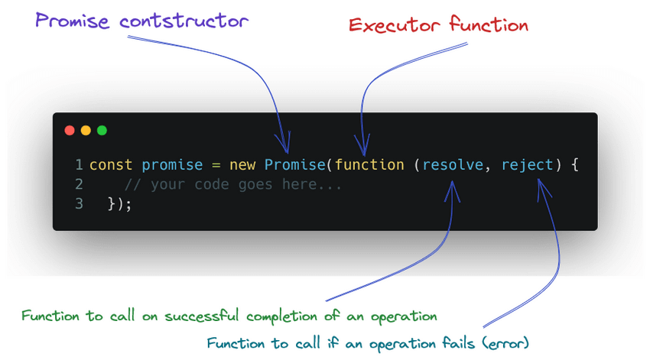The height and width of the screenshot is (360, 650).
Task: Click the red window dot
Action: tap(70, 131)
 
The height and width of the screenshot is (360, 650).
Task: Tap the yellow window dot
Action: tap(86, 131)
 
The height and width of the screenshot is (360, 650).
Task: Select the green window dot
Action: tap(102, 131)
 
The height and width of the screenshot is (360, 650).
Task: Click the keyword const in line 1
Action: tap(111, 165)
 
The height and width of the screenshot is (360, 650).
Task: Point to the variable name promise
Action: tap(172, 165)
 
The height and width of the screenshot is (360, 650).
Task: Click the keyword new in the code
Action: tap(242, 165)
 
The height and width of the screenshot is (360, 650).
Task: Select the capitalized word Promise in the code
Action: tap(294, 165)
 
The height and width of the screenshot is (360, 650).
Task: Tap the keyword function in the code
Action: tap(369, 165)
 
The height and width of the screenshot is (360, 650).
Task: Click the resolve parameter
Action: tap(453, 165)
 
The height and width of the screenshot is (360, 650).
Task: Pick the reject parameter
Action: tap(528, 165)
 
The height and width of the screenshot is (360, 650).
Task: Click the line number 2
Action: tap(79, 184)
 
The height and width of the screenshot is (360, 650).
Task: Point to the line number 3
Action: tap(79, 204)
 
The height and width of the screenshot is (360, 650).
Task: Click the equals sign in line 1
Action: tap(216, 165)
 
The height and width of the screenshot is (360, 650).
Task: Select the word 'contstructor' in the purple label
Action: tap(184, 21)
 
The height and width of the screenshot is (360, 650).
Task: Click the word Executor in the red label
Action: tap(395, 25)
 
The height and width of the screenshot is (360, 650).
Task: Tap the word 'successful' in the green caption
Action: tap(201, 316)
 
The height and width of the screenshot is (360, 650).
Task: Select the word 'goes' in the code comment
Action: tap(255, 185)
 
